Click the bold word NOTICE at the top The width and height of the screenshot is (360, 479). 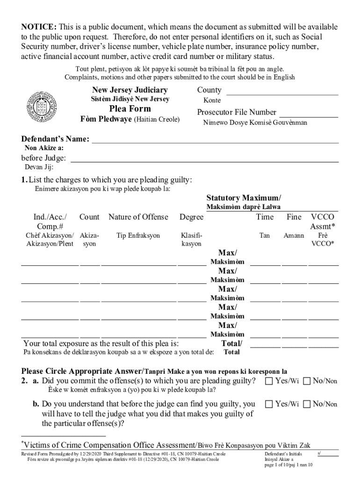(38, 27)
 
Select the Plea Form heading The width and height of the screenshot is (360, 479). (130, 109)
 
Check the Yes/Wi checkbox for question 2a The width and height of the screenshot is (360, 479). (269, 381)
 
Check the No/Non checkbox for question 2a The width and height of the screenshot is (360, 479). (306, 381)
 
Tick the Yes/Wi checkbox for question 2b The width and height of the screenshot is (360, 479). (269, 404)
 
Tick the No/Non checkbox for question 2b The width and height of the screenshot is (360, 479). (306, 404)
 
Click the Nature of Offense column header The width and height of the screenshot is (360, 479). (138, 217)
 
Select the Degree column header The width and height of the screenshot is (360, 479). (191, 217)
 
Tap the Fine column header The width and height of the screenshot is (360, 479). (294, 217)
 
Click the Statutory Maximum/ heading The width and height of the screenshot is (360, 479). (244, 198)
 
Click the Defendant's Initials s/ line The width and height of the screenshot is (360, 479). (328, 454)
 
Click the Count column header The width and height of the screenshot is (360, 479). (89, 217)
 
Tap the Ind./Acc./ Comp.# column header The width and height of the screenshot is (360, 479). (50, 222)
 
